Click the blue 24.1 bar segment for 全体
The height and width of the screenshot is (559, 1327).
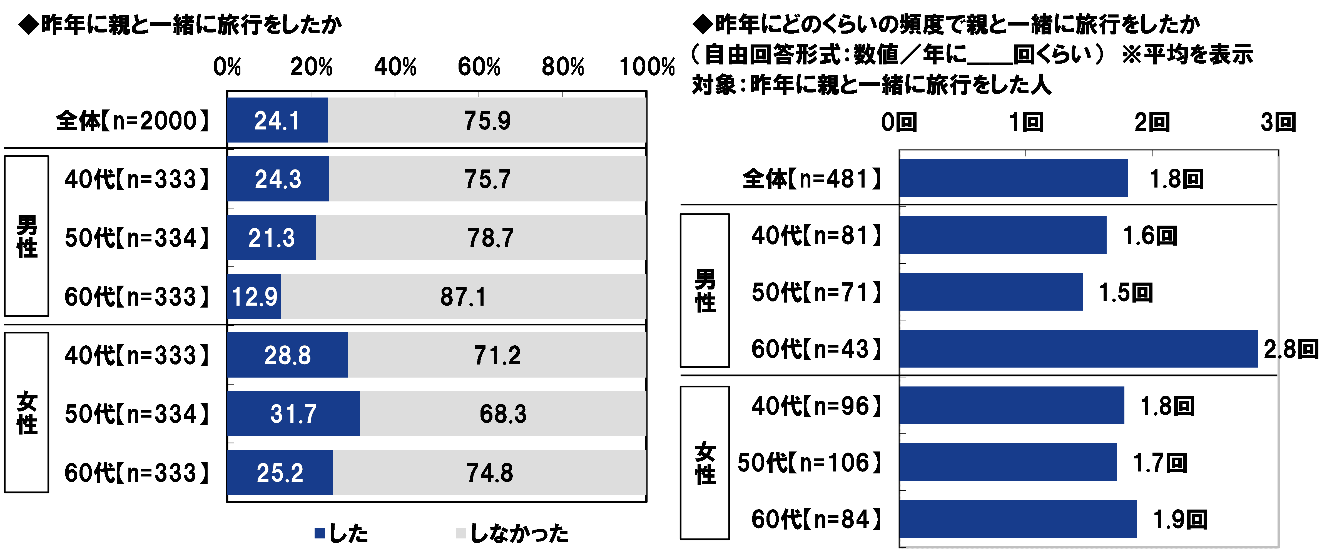click(x=278, y=120)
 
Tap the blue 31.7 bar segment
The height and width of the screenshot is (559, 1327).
click(x=294, y=414)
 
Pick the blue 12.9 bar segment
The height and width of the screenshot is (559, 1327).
click(x=255, y=296)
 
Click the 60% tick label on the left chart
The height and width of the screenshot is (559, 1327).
click(x=479, y=67)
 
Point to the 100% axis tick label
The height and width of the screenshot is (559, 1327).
click(x=646, y=67)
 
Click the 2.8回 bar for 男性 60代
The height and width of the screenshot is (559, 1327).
click(x=1078, y=349)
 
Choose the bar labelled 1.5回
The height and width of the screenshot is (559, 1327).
click(x=991, y=292)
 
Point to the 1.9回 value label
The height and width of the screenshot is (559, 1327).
click(x=1180, y=519)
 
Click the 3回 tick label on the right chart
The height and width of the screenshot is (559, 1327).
click(x=1278, y=123)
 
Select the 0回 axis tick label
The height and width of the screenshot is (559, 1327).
click(x=899, y=123)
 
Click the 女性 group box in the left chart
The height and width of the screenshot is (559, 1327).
click(x=27, y=413)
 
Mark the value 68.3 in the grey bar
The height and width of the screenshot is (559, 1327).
click(x=503, y=414)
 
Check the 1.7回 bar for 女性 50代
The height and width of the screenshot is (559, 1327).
click(x=1008, y=462)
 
